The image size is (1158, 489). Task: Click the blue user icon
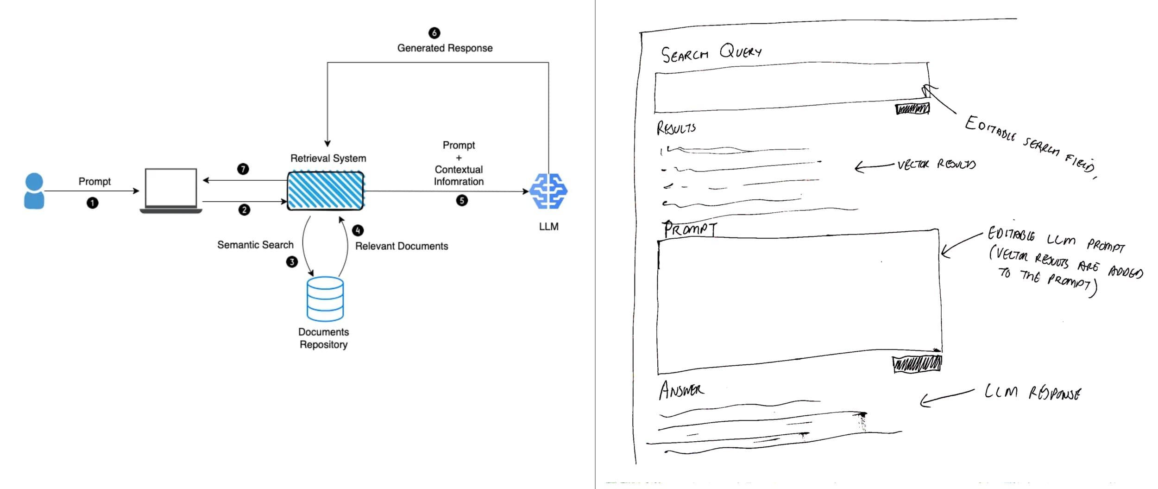(x=34, y=191)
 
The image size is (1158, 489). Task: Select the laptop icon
(x=171, y=191)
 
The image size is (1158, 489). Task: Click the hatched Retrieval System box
(x=325, y=191)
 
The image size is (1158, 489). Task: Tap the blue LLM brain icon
(x=548, y=191)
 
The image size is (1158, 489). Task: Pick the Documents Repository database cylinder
(x=325, y=299)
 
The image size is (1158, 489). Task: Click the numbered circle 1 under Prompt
(x=93, y=203)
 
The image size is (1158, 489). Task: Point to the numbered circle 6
(x=434, y=33)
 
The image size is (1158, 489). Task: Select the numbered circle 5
(x=462, y=200)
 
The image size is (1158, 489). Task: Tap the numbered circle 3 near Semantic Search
(x=292, y=262)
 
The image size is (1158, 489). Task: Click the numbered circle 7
(x=243, y=169)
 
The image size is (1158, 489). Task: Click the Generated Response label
(x=445, y=48)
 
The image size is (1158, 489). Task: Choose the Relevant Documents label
(x=402, y=246)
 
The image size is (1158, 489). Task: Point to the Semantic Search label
(x=255, y=245)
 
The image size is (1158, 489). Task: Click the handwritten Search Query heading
(x=711, y=53)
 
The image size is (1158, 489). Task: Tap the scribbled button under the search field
(x=912, y=109)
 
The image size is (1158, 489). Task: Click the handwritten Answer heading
(x=681, y=390)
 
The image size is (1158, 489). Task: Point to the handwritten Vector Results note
(x=936, y=165)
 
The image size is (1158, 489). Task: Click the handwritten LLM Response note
(x=1032, y=393)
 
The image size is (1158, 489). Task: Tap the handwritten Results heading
(x=676, y=128)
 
